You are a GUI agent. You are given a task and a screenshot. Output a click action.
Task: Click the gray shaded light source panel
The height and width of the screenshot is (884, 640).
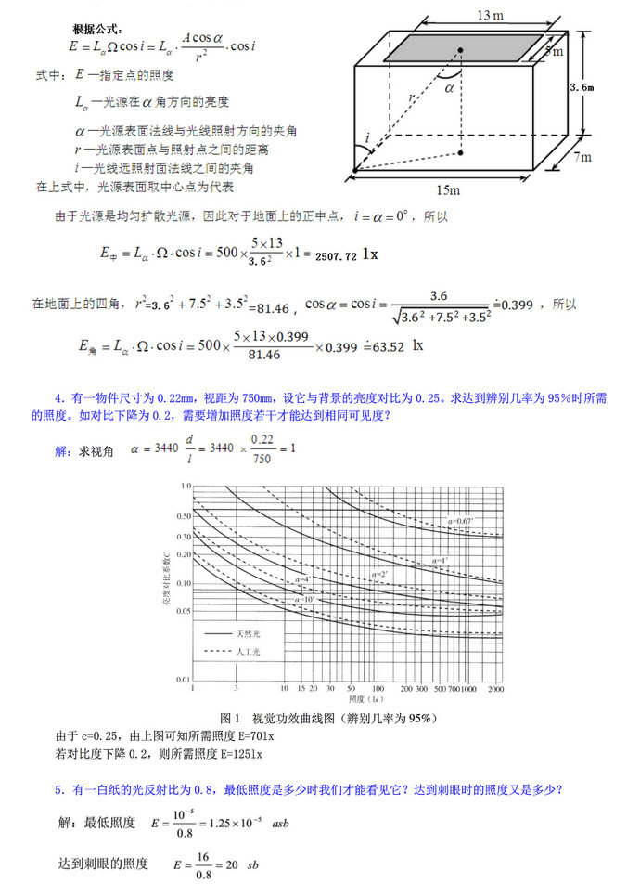464,48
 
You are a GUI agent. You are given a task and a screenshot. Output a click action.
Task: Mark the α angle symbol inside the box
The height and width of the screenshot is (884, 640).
449,88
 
